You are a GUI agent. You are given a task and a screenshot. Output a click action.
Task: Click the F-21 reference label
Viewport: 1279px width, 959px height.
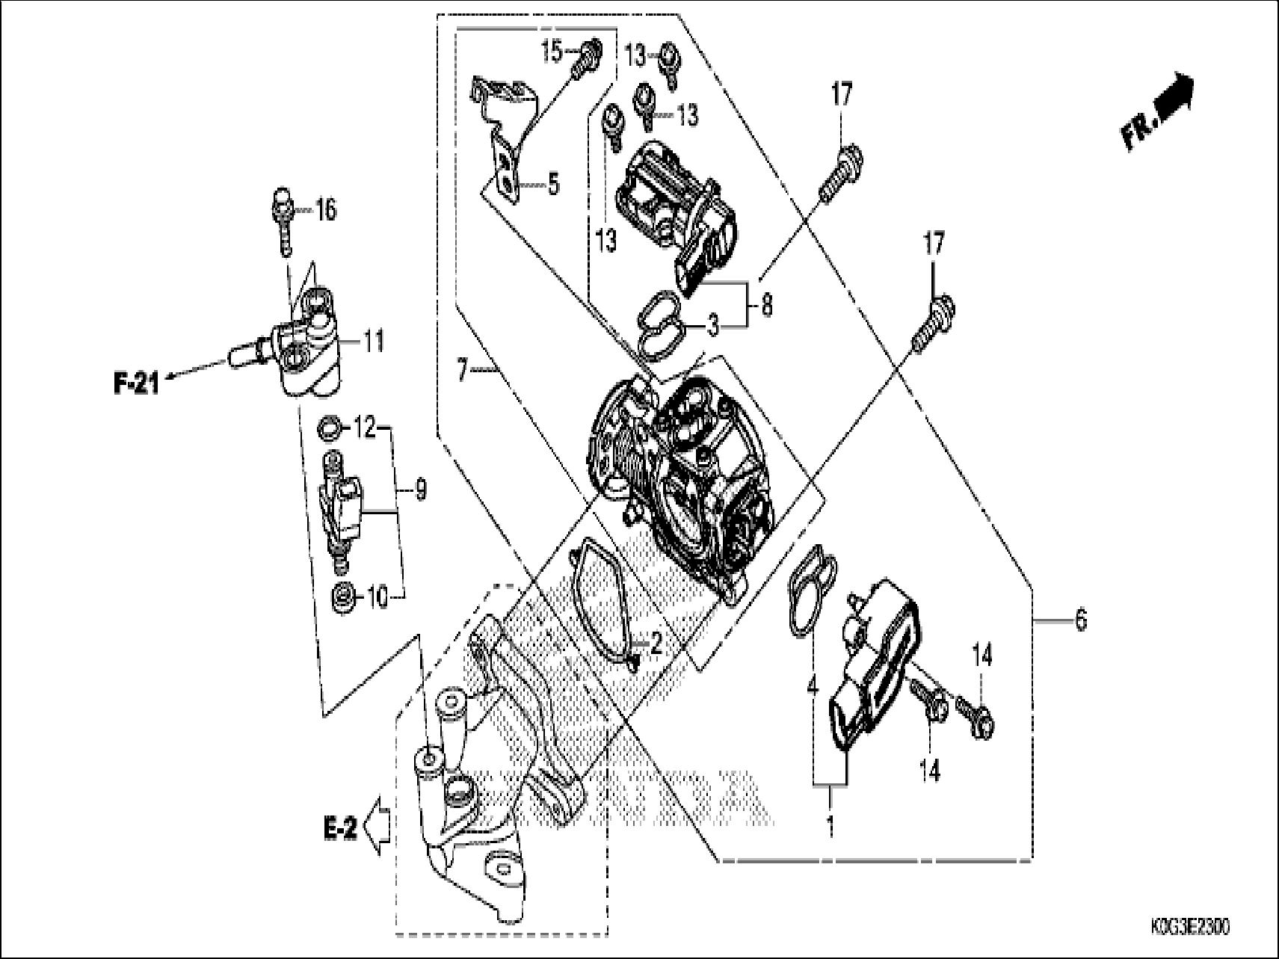(x=136, y=384)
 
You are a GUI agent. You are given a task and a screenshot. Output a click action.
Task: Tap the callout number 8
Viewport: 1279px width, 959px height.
(x=766, y=305)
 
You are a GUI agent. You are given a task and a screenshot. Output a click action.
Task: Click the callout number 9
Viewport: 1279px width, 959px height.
(x=420, y=490)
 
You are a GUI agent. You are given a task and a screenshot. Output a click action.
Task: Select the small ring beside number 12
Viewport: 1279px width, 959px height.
(x=330, y=429)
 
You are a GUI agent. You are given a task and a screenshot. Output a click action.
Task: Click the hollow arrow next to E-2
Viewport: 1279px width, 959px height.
(x=376, y=827)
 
